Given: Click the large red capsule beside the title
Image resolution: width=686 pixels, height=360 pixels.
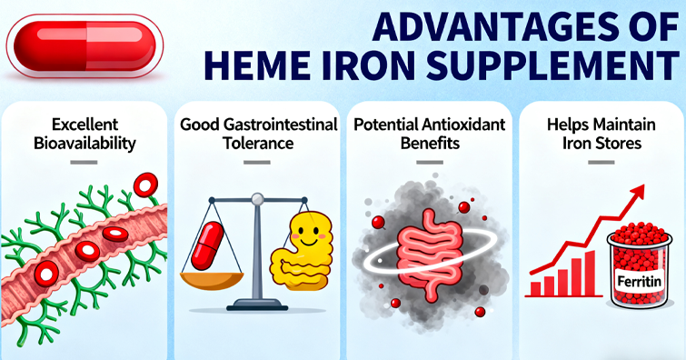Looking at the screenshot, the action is [85, 46].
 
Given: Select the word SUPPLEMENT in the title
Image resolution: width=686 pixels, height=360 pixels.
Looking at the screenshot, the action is [552, 65].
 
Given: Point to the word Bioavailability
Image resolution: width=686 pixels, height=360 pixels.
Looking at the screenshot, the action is [85, 144].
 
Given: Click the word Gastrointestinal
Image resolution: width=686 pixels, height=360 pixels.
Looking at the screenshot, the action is [281, 125].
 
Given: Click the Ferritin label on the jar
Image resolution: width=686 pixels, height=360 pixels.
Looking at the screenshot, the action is [639, 281].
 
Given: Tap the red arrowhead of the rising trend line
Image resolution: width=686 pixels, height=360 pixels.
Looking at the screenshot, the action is [639, 191].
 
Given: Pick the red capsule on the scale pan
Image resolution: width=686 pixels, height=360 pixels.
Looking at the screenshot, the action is [207, 245].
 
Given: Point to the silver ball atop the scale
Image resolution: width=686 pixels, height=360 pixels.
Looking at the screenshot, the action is [258, 198].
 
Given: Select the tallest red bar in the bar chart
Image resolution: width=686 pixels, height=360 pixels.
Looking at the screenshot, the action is [590, 273].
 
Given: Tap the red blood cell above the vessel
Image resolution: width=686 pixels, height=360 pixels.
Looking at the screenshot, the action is [145, 185].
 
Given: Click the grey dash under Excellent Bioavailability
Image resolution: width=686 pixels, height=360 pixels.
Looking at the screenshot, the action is [84, 163].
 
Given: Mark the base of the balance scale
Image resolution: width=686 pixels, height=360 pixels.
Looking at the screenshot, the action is [257, 304].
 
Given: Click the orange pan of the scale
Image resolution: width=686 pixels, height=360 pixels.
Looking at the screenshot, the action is [212, 281].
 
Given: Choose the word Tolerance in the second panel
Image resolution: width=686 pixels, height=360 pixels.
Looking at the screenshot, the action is [258, 144].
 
